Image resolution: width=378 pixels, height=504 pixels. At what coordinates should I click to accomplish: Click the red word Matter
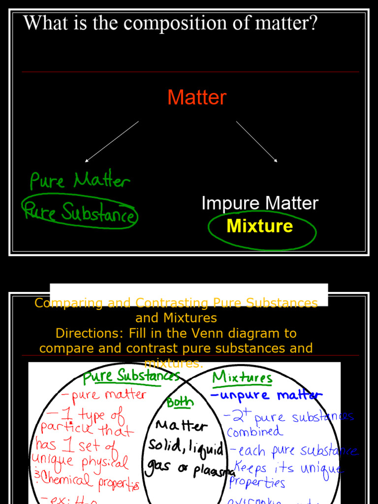(196, 97)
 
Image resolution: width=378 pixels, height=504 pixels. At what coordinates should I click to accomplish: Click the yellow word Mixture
(259, 226)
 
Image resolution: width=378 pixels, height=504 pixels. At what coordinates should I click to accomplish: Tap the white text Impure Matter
(260, 203)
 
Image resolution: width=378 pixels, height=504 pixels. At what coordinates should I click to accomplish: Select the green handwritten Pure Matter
(80, 181)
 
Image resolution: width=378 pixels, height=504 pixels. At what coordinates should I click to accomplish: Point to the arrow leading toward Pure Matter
(112, 141)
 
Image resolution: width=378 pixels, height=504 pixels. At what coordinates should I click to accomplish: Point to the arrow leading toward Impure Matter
(256, 141)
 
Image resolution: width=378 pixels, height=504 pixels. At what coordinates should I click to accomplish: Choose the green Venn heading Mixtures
(242, 378)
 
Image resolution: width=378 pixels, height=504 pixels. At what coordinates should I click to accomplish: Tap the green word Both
(180, 402)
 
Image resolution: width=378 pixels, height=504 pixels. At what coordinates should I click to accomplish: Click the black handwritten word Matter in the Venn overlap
(181, 426)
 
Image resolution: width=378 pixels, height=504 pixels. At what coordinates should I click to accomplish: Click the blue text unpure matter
(266, 395)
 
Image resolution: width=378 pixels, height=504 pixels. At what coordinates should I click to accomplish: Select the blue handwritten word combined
(255, 432)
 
